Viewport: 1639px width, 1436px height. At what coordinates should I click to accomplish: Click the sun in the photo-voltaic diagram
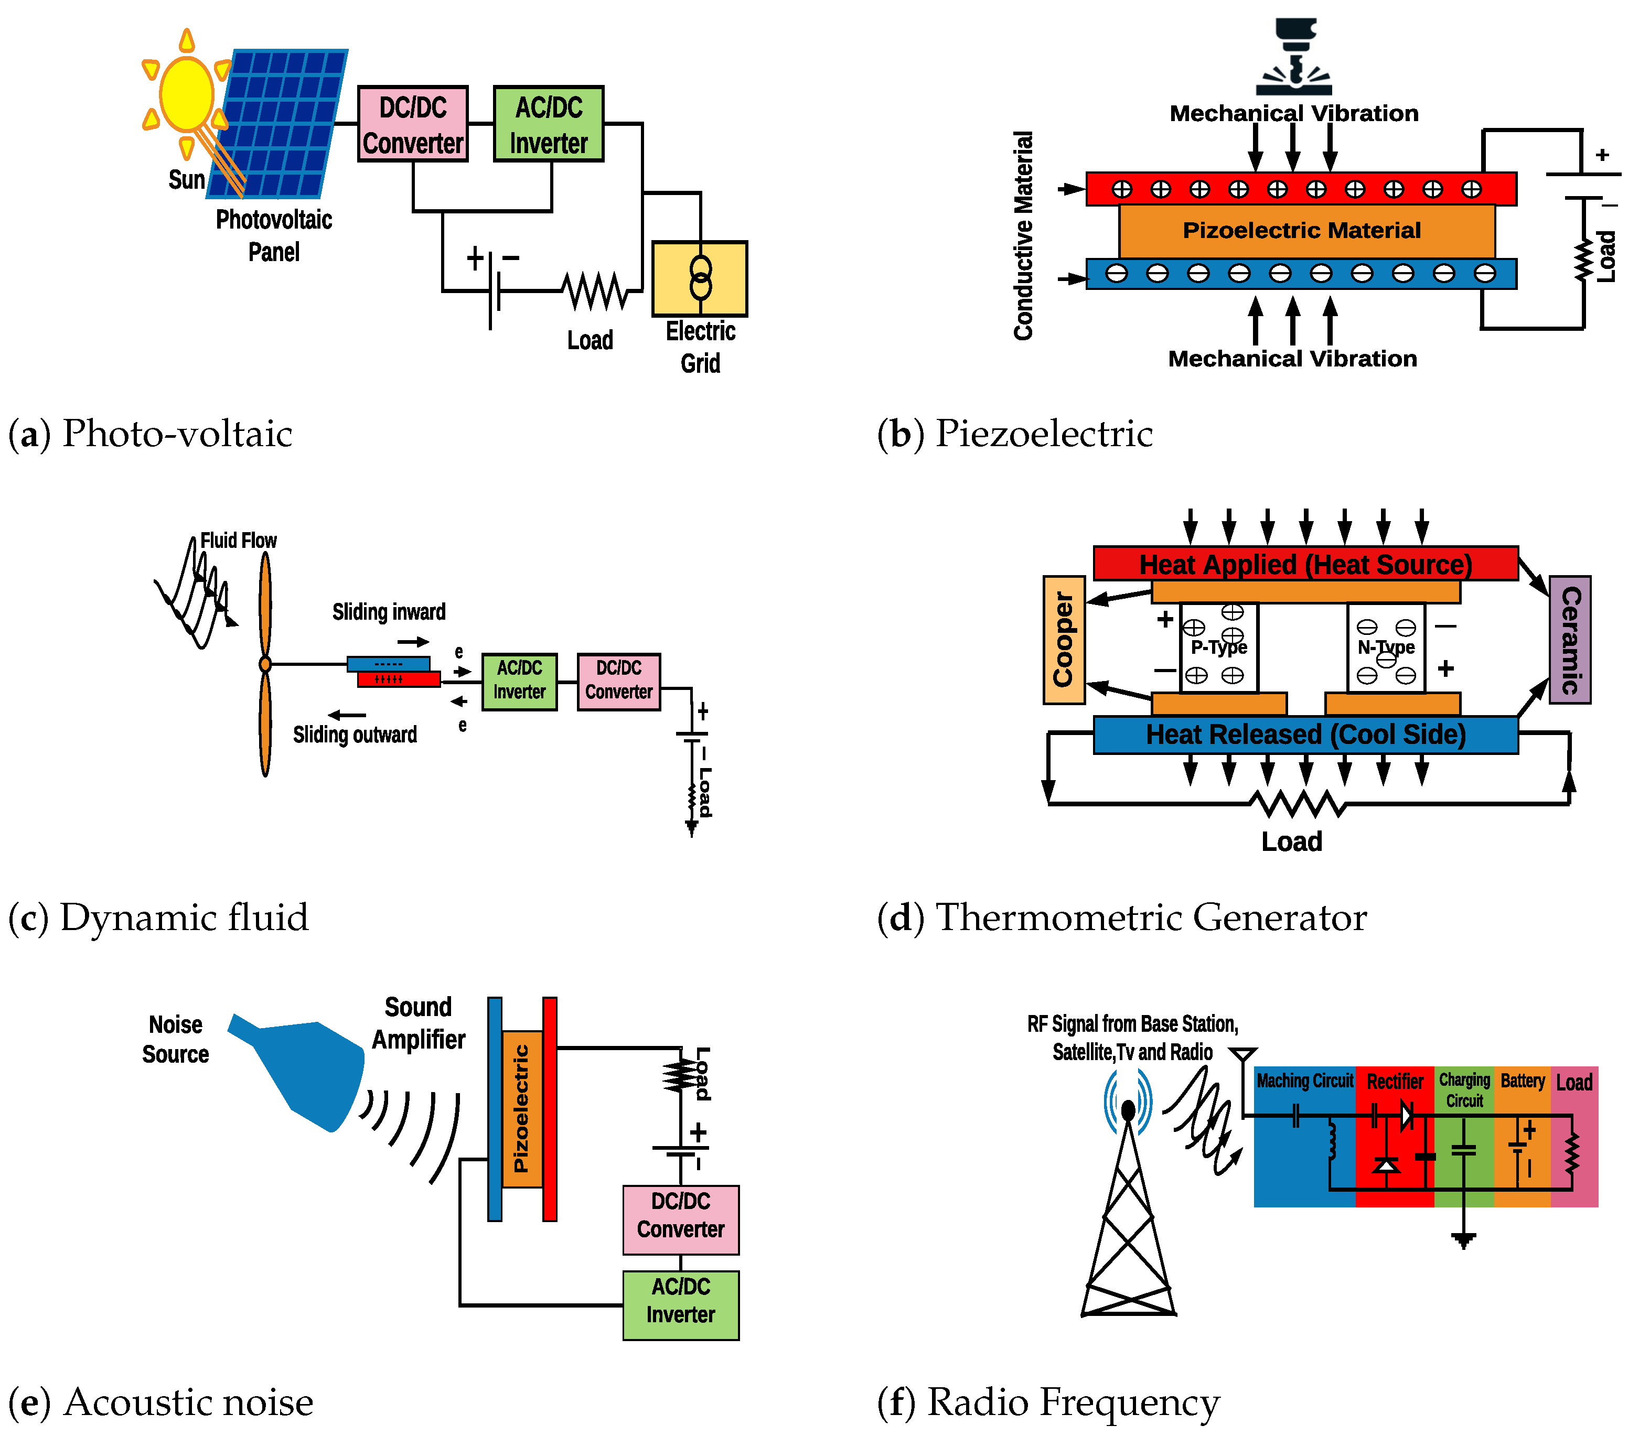pos(186,94)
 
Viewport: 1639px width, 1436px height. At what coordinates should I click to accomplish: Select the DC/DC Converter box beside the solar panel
pos(413,124)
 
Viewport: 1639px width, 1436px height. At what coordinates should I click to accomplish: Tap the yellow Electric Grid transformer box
pos(700,279)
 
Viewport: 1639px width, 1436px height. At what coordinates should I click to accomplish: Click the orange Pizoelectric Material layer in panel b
pos(1306,231)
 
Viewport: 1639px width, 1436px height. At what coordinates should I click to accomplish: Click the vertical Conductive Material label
pos(1023,235)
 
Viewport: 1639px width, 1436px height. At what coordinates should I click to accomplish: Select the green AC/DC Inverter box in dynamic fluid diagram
pos(519,681)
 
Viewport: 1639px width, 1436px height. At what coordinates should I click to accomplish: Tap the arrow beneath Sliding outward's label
pos(347,715)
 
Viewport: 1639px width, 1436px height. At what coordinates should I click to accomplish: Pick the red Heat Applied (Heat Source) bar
pos(1305,564)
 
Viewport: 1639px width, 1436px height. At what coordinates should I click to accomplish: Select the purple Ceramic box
pos(1569,640)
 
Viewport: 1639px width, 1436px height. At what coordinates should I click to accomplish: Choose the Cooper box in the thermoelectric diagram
pos(1064,640)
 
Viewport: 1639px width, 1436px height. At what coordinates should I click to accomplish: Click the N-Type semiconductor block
pos(1386,647)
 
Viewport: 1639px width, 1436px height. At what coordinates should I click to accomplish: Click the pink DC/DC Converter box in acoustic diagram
pos(680,1219)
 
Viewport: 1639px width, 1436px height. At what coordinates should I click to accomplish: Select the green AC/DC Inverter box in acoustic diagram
pos(680,1304)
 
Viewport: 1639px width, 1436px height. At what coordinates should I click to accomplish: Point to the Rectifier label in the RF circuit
pos(1395,1082)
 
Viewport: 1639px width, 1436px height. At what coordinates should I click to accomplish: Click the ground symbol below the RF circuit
pos(1463,1240)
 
